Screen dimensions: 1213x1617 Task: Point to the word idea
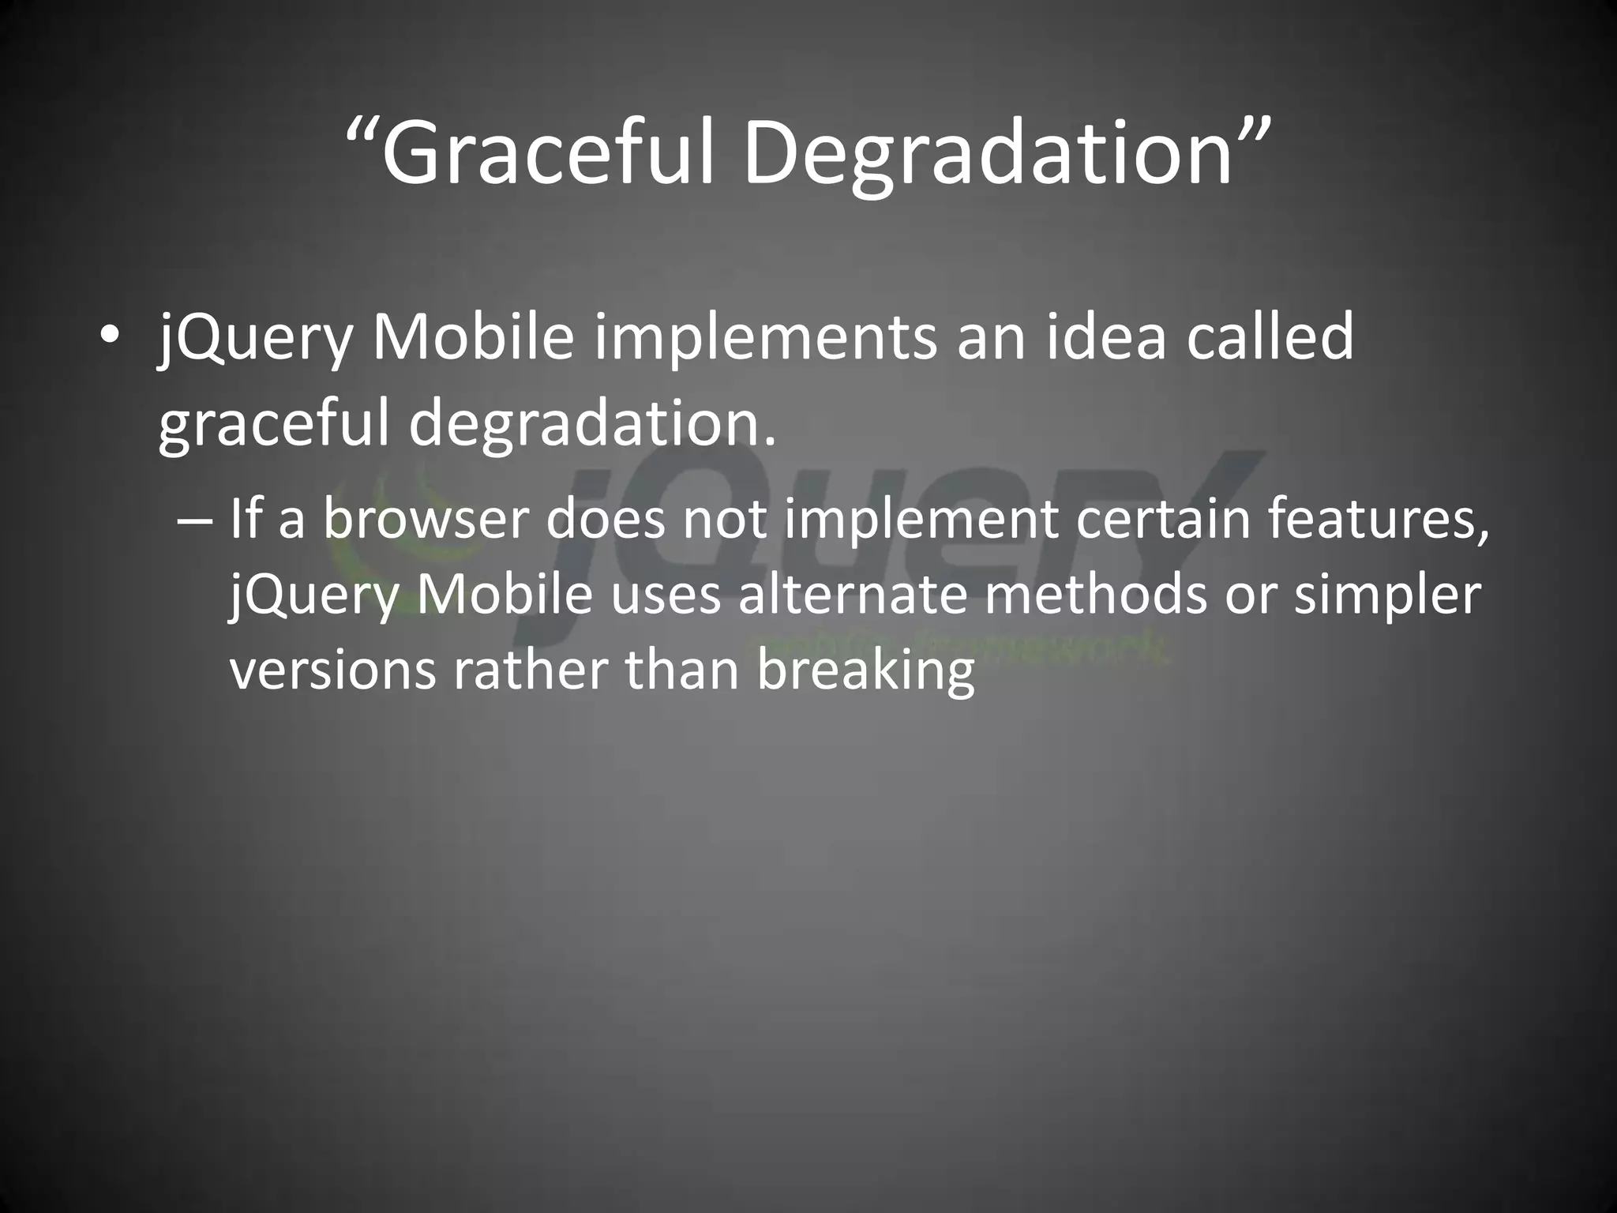tap(1105, 336)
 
